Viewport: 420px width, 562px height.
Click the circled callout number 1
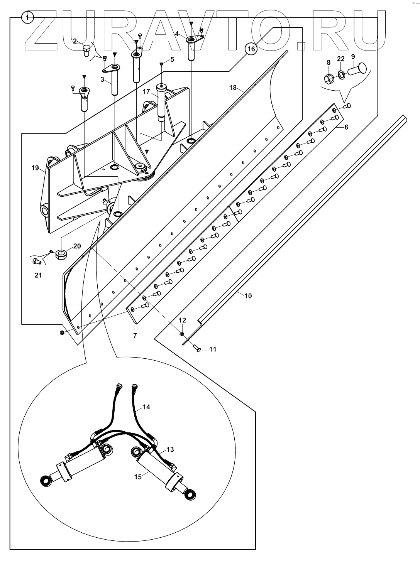28,17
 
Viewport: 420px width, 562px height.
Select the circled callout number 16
251,49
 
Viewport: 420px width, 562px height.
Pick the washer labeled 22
341,74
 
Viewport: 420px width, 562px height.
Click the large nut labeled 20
62,255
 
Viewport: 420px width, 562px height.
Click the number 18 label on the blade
233,88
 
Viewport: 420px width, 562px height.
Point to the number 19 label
35,168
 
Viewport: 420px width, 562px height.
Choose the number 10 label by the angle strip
248,296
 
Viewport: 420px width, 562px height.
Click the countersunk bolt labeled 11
196,349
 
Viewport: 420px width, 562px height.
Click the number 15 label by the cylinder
138,476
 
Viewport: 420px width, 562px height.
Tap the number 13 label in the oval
170,449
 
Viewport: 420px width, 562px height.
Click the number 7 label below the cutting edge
135,336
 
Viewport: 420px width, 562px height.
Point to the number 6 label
346,127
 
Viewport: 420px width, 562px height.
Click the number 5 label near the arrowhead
172,59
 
